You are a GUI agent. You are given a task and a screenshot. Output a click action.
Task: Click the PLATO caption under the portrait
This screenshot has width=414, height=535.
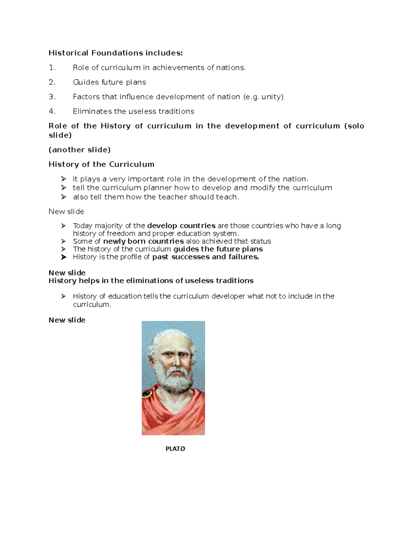point(175,449)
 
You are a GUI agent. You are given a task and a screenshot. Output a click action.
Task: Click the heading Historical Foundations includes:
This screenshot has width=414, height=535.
point(116,53)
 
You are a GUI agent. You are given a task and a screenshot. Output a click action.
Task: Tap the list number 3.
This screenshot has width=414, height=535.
point(52,97)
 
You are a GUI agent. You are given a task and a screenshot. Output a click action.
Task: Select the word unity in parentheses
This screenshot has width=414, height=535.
point(271,97)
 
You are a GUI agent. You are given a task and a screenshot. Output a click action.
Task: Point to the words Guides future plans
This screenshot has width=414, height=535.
point(109,82)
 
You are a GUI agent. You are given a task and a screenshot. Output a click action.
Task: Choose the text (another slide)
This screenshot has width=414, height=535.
point(79,150)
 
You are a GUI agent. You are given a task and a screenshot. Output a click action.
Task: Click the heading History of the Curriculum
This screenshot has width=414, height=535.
point(101,164)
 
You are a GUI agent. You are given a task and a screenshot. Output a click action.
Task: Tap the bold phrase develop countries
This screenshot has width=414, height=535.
point(181,226)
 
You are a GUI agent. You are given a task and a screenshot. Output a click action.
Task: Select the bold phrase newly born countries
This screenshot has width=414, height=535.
point(143,241)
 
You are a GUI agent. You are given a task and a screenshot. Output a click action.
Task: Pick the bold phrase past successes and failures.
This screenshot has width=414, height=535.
point(205,257)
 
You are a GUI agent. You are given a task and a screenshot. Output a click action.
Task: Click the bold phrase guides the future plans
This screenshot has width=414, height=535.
point(218,249)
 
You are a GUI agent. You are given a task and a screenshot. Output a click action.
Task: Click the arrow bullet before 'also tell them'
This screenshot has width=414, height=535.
point(63,197)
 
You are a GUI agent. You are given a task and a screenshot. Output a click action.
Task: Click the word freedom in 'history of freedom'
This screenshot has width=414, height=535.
point(121,234)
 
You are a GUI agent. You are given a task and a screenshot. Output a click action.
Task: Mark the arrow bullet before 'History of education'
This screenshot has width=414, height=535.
point(63,296)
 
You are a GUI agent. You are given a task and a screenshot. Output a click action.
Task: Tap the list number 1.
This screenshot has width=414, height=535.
point(52,68)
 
